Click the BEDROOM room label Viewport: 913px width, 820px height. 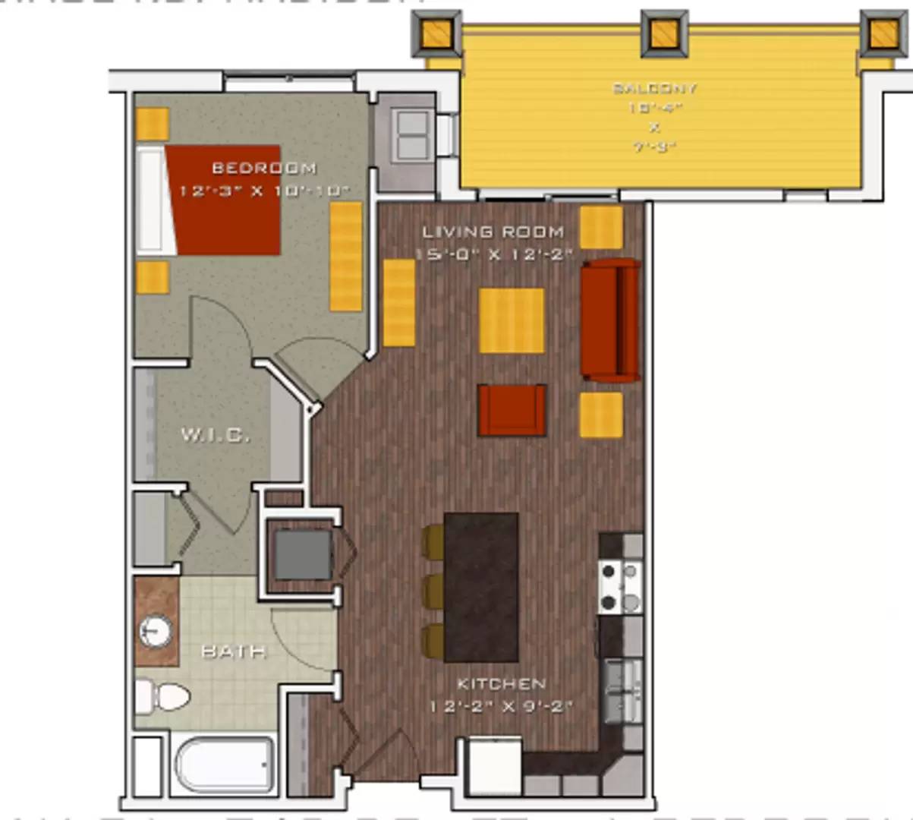(263, 168)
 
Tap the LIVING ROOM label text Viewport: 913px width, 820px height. (493, 232)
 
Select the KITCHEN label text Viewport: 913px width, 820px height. (501, 684)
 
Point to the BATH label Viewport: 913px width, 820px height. (233, 651)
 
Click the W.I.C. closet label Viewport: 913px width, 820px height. (215, 435)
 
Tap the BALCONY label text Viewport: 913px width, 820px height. (654, 88)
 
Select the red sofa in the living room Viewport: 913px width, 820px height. (609, 320)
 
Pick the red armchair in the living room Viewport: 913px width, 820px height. (512, 410)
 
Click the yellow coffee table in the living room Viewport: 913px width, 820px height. (512, 320)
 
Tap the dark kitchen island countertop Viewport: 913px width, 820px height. (481, 587)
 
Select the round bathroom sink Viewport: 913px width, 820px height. (156, 630)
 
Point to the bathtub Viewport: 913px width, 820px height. (224, 764)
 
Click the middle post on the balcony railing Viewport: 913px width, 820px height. (664, 33)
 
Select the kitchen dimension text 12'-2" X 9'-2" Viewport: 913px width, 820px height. (501, 707)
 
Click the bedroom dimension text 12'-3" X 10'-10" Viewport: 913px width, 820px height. (263, 191)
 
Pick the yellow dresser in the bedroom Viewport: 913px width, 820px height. (346, 256)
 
